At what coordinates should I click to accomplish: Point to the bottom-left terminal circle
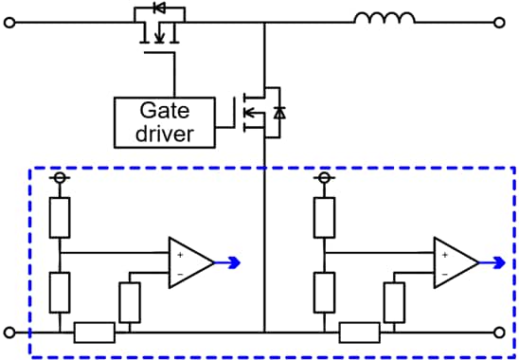[x=10, y=333]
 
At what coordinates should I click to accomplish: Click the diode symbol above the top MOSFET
[x=158, y=11]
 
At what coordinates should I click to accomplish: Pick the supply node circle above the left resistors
[x=59, y=177]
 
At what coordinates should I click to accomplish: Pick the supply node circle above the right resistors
[x=324, y=177]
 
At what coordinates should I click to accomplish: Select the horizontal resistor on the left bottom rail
[x=95, y=333]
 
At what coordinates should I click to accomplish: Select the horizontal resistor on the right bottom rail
[x=360, y=333]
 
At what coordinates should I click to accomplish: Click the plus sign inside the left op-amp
[x=179, y=253]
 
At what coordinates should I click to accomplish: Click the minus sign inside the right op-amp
[x=444, y=273]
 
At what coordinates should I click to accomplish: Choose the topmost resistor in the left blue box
[x=59, y=217]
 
